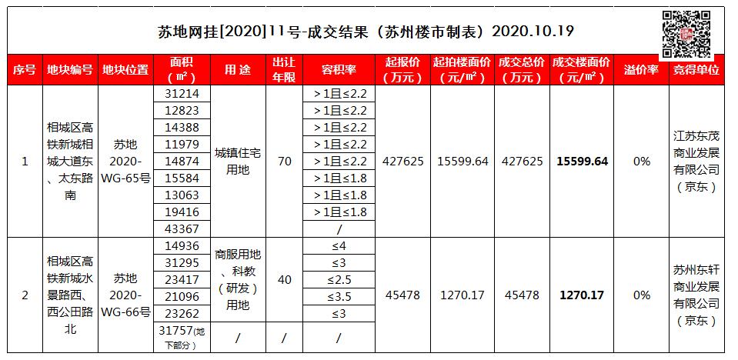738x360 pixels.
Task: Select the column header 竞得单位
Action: tap(696, 69)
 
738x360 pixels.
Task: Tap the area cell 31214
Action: tap(182, 93)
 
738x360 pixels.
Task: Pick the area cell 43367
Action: tap(182, 228)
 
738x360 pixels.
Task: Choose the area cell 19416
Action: tap(182, 212)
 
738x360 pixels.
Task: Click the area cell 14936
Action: tap(182, 246)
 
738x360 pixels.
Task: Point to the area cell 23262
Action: tap(182, 313)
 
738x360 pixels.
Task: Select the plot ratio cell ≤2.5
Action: tap(339, 279)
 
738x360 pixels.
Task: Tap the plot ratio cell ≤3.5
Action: tap(339, 296)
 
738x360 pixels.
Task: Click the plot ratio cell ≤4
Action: tap(339, 246)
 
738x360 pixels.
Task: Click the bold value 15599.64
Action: tap(582, 161)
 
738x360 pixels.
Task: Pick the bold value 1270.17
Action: tap(582, 295)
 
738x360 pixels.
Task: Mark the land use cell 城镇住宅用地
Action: tap(237, 161)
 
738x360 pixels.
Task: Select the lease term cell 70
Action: tap(285, 161)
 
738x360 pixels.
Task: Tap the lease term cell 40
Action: tap(285, 279)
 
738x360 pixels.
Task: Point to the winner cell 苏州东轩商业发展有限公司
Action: tap(696, 295)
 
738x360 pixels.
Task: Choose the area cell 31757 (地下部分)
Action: tap(182, 338)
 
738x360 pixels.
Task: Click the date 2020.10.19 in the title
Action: tap(532, 32)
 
